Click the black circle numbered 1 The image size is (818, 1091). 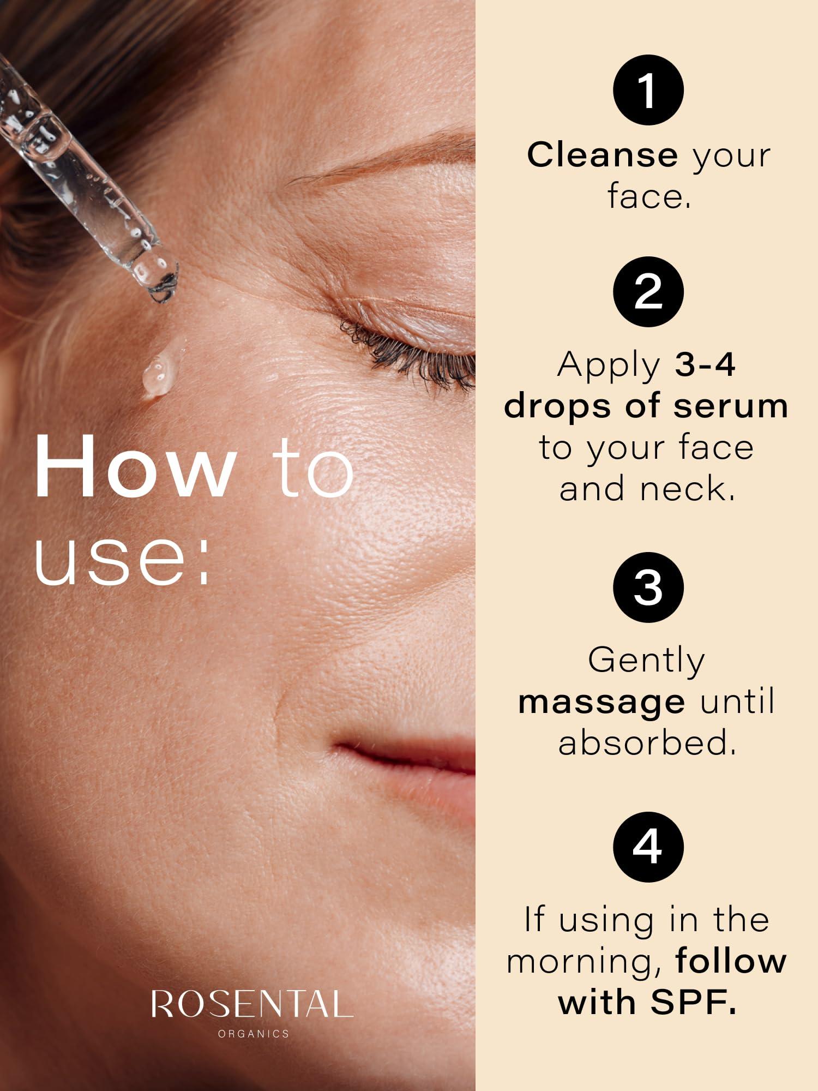[x=648, y=90]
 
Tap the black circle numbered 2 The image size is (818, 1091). [x=648, y=292]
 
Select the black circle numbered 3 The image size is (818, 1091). [x=648, y=588]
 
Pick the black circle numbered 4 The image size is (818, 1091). [x=648, y=847]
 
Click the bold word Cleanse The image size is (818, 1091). [x=602, y=155]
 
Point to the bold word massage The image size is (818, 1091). [x=602, y=702]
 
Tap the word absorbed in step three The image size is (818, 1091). [x=647, y=743]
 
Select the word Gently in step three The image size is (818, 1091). [x=647, y=661]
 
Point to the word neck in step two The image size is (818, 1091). [x=687, y=489]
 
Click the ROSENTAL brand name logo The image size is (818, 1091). [x=252, y=1004]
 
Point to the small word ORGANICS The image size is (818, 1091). [x=253, y=1033]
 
